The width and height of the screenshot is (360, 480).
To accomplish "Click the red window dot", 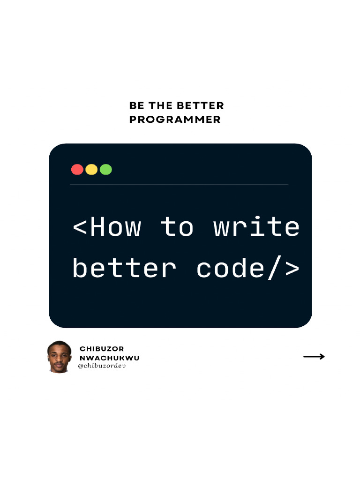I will (77, 169).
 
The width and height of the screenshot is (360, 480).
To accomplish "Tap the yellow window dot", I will (91, 169).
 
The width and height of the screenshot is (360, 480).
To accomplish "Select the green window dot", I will (106, 169).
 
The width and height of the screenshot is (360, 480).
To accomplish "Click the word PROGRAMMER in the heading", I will (175, 120).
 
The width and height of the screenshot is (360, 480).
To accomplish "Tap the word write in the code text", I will (256, 227).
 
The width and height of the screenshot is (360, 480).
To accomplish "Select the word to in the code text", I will (177, 227).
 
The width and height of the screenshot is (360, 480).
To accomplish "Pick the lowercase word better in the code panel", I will (124, 269).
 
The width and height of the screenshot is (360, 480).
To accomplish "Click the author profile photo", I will (59, 357).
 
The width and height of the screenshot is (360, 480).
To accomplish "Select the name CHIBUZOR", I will (102, 349).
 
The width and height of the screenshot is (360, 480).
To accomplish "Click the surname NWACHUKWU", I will (109, 358).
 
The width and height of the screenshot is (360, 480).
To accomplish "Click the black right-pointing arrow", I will (314, 357).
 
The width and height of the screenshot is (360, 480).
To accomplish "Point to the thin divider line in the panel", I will (179, 184).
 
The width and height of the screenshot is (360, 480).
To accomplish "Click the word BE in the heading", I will (136, 106).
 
